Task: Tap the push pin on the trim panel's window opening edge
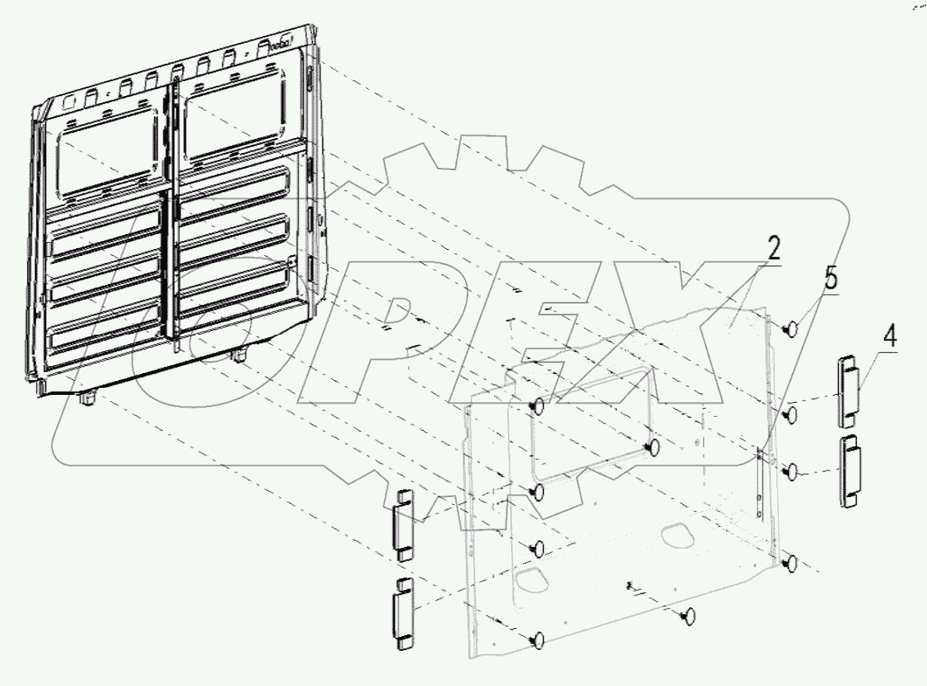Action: (x=653, y=447)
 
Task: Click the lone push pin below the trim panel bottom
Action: (x=687, y=617)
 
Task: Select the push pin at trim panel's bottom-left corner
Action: (x=536, y=640)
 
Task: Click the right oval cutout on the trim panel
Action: (x=678, y=536)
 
